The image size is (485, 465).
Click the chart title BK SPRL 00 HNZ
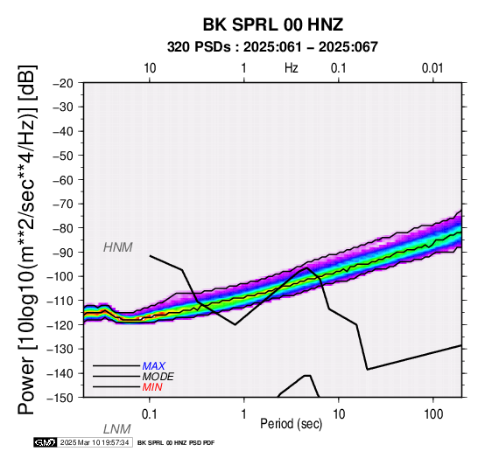(x=273, y=24)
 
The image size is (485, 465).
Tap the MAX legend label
(x=154, y=366)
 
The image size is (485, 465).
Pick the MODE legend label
(x=158, y=377)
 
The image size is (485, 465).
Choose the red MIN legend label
(x=152, y=387)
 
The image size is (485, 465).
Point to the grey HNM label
(x=118, y=247)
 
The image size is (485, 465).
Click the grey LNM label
(x=117, y=429)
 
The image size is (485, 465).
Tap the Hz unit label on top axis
(x=291, y=67)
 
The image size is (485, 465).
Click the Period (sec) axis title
(x=291, y=424)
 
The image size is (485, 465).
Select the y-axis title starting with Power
(x=27, y=239)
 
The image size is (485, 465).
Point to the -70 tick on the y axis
(x=64, y=205)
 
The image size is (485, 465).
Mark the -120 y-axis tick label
(x=61, y=325)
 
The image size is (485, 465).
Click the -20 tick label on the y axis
(x=64, y=83)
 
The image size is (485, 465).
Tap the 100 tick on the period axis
(x=433, y=414)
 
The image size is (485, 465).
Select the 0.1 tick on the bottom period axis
(x=149, y=414)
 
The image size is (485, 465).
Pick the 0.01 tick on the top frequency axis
(x=432, y=67)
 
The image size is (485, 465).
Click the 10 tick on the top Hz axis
(x=150, y=67)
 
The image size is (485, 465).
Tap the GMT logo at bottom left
(x=46, y=442)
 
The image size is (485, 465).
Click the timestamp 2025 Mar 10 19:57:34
(x=95, y=442)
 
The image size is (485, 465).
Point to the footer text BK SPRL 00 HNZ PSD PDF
(x=176, y=443)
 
